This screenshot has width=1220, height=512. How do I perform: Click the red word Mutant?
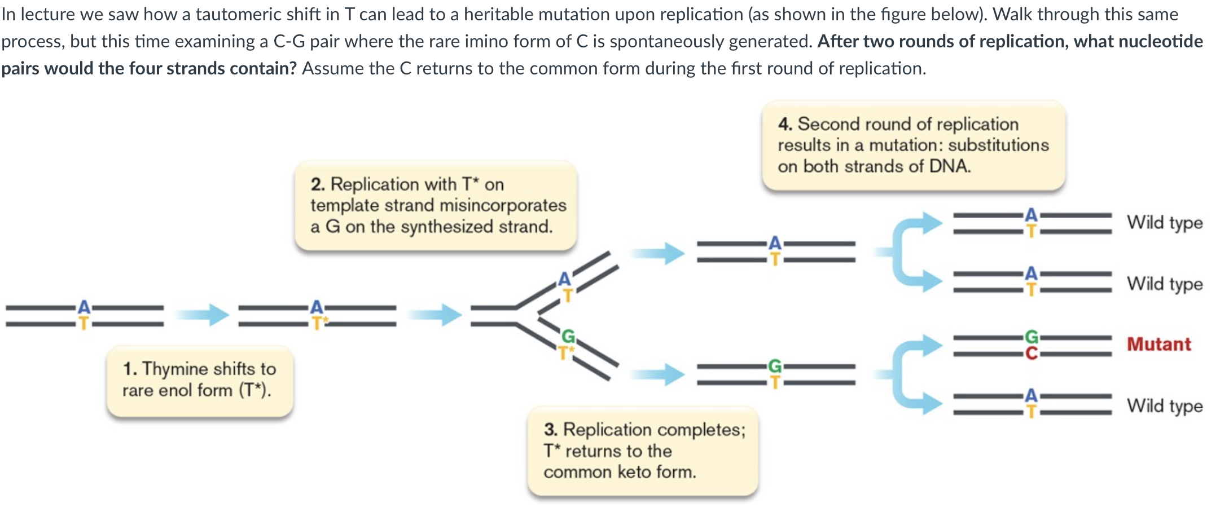tap(1158, 344)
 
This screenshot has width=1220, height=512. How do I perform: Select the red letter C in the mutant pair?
tap(1031, 354)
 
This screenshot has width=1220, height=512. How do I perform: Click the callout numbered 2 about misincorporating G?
tap(435, 205)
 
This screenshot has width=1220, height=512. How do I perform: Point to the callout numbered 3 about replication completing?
tap(642, 451)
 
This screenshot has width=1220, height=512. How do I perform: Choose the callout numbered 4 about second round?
tap(912, 145)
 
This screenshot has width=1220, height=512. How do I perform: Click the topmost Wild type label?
tap(1164, 223)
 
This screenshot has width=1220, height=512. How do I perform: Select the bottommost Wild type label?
tap(1164, 405)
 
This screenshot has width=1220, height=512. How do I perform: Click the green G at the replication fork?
tap(568, 337)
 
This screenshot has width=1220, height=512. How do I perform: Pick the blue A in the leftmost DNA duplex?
tap(84, 307)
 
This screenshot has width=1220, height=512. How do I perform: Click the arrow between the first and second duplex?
tap(201, 314)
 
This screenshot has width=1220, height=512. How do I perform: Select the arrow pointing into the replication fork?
tap(434, 314)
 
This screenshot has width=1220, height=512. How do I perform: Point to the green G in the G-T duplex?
tap(775, 367)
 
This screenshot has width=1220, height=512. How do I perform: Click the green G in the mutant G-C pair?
tap(1031, 337)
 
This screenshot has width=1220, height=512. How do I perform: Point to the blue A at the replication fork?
tap(564, 279)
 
